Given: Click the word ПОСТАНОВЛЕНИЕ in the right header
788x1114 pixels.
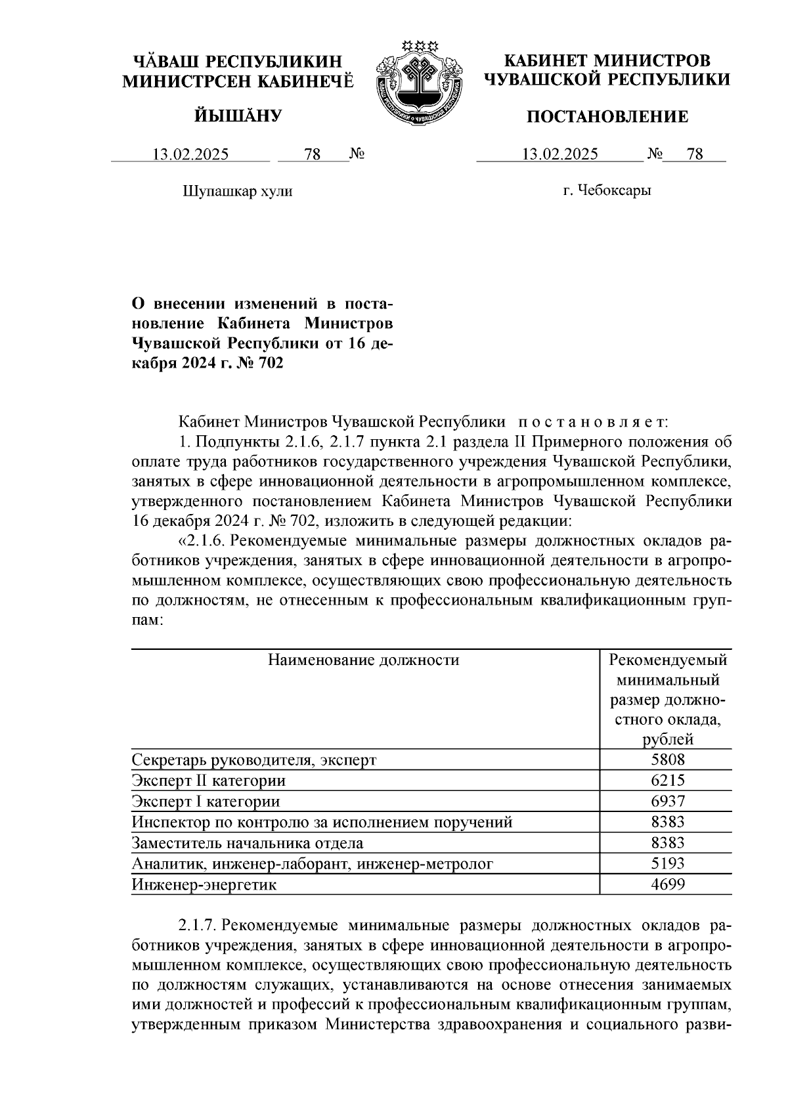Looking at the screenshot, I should (x=607, y=117).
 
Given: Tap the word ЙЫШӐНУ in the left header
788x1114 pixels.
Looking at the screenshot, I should (x=237, y=116).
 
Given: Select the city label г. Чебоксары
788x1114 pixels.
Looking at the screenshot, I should (x=607, y=191).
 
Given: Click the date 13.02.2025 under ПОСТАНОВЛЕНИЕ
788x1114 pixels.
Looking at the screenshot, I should (x=559, y=154).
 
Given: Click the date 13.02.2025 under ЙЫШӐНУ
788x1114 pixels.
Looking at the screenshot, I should (x=190, y=154).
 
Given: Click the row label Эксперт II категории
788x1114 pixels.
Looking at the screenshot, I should (x=208, y=781).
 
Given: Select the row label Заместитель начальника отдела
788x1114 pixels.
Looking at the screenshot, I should (x=247, y=843).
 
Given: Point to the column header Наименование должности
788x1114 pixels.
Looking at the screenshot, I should (x=363, y=660).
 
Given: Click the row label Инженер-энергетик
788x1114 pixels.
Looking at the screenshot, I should (x=204, y=884).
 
